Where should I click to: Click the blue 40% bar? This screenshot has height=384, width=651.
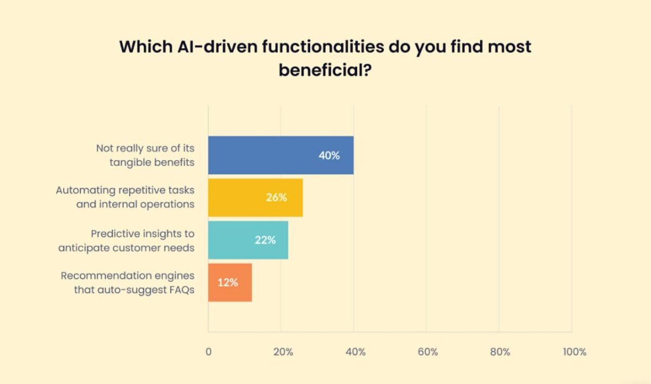click(280, 155)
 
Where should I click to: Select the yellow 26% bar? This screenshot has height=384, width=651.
click(255, 198)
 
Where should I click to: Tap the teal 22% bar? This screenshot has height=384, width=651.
click(248, 240)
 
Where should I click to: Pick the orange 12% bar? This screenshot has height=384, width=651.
click(229, 282)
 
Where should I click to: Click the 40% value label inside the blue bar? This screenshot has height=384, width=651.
click(329, 155)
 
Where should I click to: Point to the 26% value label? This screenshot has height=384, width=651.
click(276, 198)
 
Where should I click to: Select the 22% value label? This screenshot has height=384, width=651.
click(265, 240)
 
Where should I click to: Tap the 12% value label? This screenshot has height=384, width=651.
click(228, 282)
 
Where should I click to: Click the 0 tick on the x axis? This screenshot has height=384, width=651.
click(208, 352)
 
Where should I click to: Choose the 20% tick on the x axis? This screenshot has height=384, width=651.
click(283, 352)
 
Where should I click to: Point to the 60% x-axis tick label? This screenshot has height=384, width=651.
click(427, 352)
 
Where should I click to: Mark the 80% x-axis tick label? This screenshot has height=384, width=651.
click(500, 352)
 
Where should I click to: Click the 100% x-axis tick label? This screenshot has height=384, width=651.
click(575, 352)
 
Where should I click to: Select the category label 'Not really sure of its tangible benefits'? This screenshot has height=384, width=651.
click(145, 155)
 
